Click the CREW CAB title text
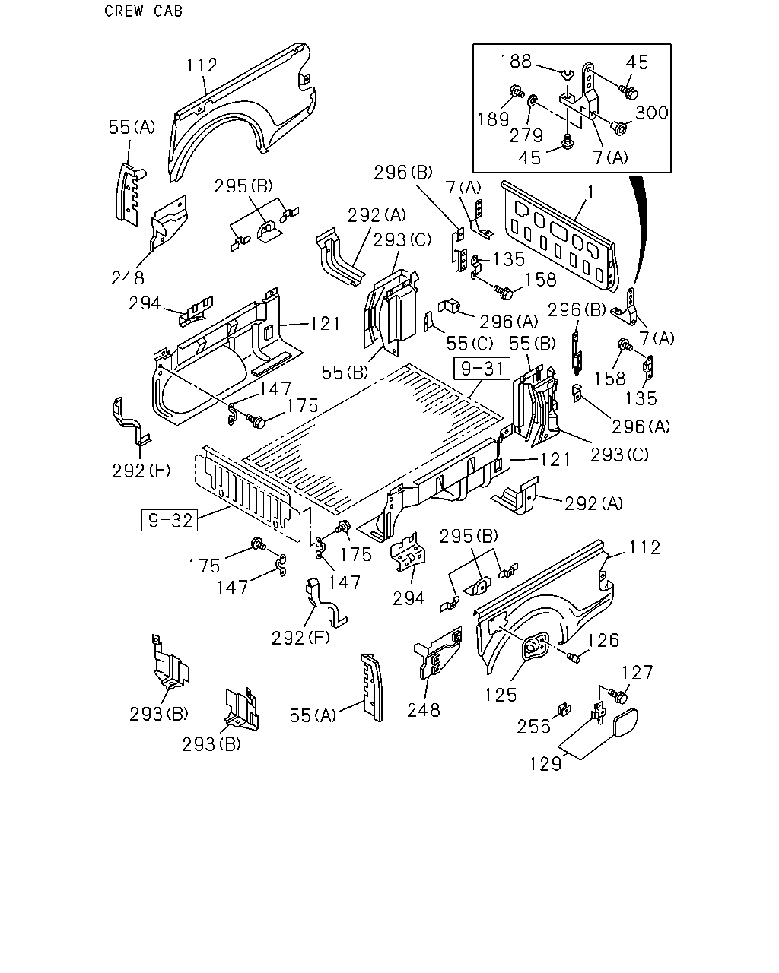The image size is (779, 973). (143, 11)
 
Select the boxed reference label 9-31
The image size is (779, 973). (482, 369)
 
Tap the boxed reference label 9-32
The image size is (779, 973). (170, 520)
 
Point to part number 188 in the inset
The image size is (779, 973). (516, 62)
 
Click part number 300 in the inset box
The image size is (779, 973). (652, 113)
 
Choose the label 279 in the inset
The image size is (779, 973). (526, 135)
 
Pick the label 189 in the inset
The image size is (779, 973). (494, 119)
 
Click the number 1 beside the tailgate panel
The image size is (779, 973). (590, 192)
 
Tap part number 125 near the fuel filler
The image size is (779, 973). (501, 695)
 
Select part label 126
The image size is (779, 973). (603, 641)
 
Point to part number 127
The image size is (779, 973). (638, 673)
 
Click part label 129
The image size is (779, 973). (545, 764)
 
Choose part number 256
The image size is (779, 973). (534, 727)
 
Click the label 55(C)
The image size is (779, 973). (469, 344)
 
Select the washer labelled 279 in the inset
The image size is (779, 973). (533, 100)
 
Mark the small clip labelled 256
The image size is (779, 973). (564, 709)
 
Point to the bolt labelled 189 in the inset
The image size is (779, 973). (517, 91)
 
